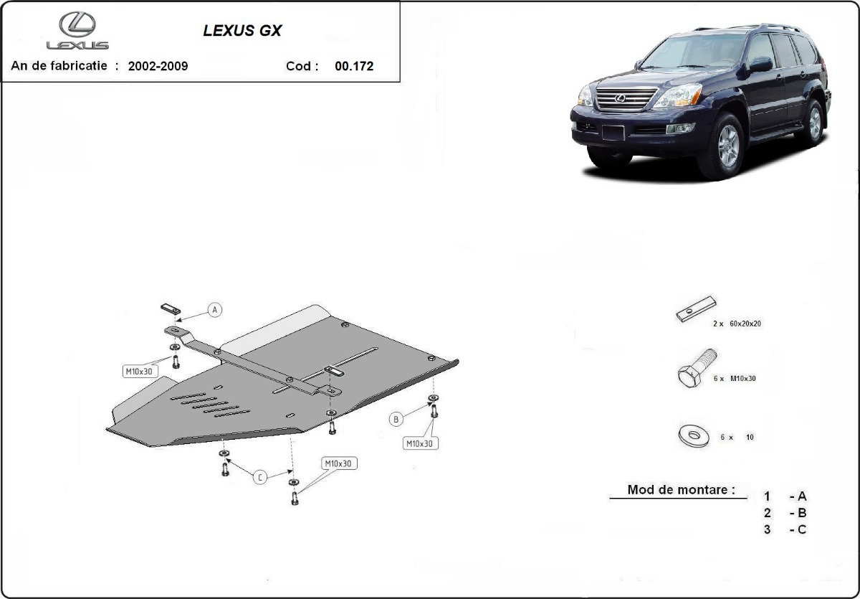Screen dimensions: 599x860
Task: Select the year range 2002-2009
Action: point(158,66)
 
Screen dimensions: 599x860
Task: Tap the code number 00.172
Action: point(353,66)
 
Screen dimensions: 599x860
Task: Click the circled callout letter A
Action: point(215,310)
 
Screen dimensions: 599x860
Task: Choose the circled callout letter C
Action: point(260,477)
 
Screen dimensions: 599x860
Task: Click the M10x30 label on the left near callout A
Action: point(138,371)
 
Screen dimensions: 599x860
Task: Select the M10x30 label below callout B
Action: point(420,443)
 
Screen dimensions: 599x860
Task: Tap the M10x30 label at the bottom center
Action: point(338,463)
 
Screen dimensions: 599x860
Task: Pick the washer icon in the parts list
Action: point(693,435)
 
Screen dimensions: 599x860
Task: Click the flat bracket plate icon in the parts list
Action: point(696,308)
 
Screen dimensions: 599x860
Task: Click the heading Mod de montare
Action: point(680,490)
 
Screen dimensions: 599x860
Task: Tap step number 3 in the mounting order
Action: point(767,529)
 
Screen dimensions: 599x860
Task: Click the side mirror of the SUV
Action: point(760,65)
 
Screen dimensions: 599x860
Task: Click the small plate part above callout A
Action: point(170,308)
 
